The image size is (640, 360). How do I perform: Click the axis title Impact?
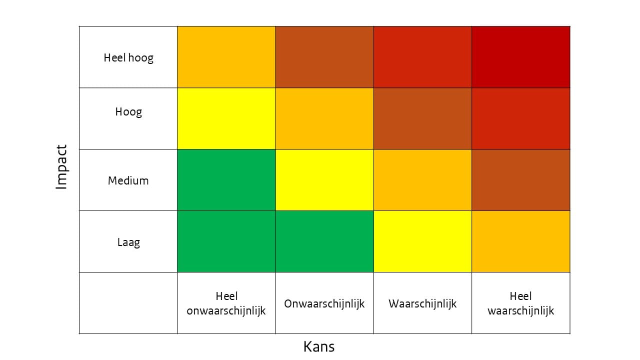(x=61, y=167)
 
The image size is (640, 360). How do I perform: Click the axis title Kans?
(x=319, y=346)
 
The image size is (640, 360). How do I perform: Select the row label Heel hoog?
(x=128, y=57)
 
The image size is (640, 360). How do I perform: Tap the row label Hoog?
(x=128, y=111)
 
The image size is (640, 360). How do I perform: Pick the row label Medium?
(x=128, y=180)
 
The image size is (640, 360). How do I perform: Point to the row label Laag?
(x=128, y=242)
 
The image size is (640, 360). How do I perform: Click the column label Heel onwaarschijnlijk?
(x=226, y=303)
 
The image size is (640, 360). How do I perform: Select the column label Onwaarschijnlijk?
(x=324, y=303)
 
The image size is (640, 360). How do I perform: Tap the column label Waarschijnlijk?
(x=422, y=303)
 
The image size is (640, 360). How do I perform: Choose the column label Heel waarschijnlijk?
(x=520, y=303)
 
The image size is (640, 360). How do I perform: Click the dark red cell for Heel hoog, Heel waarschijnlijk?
(x=520, y=57)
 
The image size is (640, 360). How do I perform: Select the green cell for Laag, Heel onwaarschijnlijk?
(x=226, y=241)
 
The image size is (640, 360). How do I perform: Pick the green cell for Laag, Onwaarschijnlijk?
(x=324, y=241)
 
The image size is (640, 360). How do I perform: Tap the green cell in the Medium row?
(x=226, y=180)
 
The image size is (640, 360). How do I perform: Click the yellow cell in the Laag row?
(x=422, y=241)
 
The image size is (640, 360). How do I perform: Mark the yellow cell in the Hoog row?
(x=226, y=118)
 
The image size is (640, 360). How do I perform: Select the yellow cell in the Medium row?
(x=324, y=180)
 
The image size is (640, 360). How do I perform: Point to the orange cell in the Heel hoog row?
(x=226, y=57)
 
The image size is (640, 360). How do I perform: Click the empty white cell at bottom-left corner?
(x=128, y=303)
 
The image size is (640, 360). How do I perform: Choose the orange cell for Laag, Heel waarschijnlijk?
(x=520, y=241)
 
